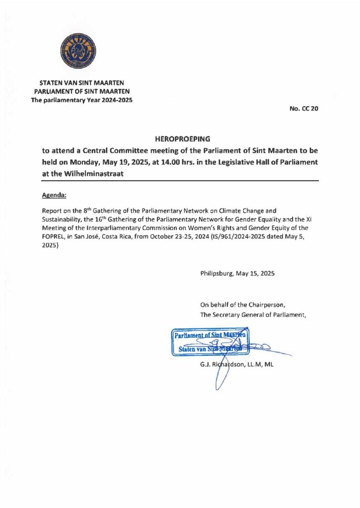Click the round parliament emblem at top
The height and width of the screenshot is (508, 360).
click(x=78, y=51)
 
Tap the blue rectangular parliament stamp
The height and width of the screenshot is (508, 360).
click(x=211, y=342)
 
